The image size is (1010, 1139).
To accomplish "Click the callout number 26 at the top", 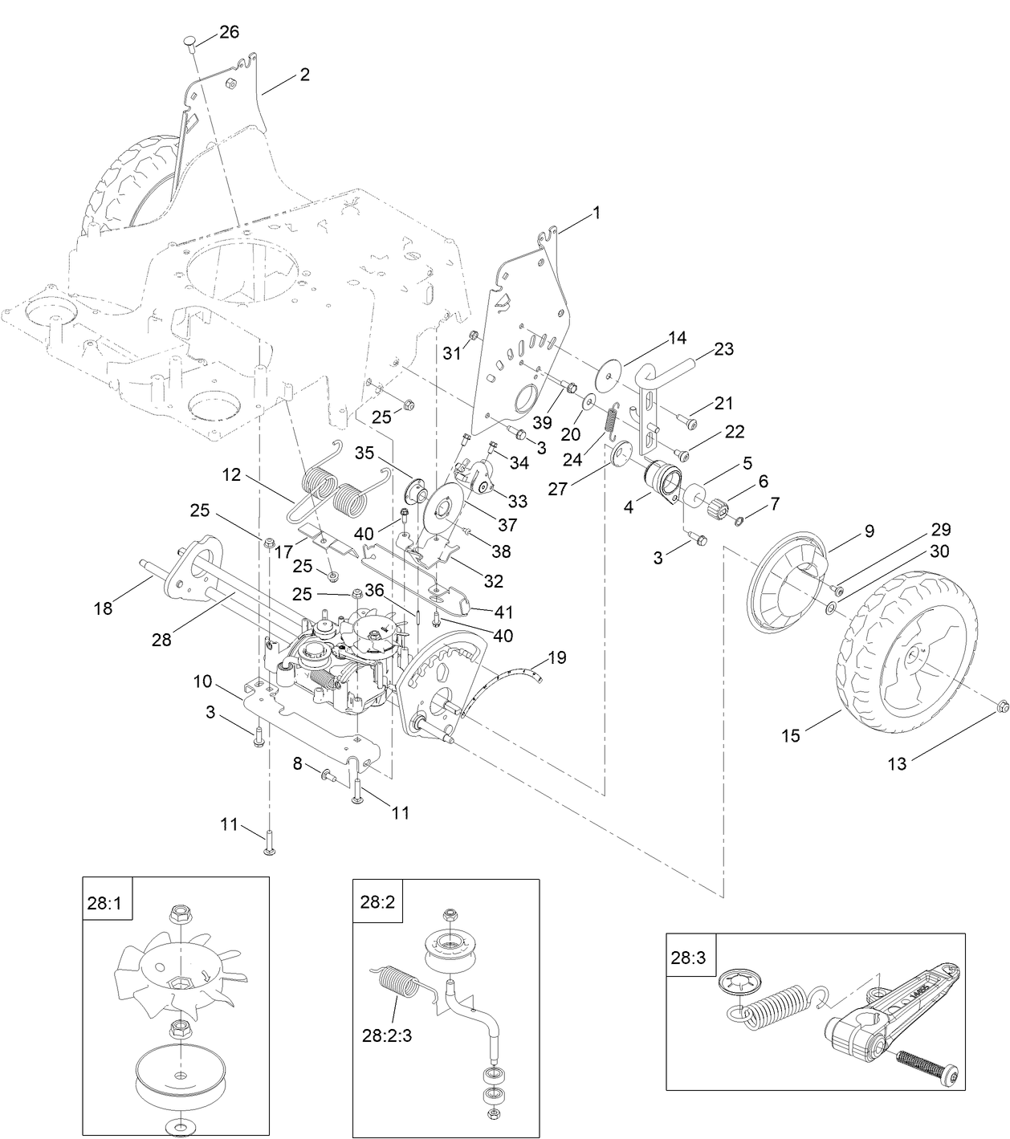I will click(x=229, y=32).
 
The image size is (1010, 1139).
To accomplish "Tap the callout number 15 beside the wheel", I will click(x=791, y=734).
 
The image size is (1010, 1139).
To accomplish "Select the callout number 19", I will click(x=556, y=658).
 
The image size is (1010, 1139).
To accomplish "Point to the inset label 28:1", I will click(x=104, y=901).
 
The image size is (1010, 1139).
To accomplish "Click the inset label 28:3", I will click(x=686, y=958).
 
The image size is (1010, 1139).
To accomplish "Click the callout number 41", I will click(x=503, y=612).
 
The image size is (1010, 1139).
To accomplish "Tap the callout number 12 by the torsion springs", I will click(x=231, y=475).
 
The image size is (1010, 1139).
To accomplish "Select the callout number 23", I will click(x=723, y=349).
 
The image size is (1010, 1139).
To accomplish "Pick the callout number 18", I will click(x=103, y=608).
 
